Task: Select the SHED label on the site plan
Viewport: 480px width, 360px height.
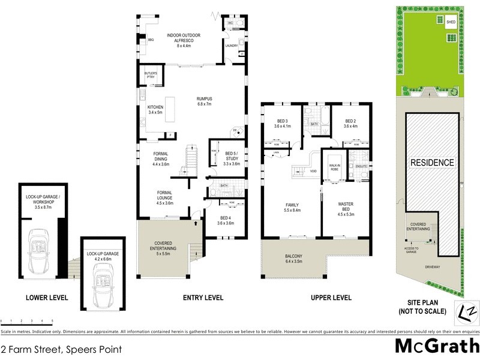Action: pyautogui.click(x=451, y=22)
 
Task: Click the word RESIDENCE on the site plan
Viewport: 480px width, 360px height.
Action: pyautogui.click(x=432, y=163)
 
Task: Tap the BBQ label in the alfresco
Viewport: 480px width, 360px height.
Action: pyautogui.click(x=151, y=40)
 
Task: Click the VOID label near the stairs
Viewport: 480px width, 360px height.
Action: pyautogui.click(x=313, y=171)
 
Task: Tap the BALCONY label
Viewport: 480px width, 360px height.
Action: pyautogui.click(x=294, y=259)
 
